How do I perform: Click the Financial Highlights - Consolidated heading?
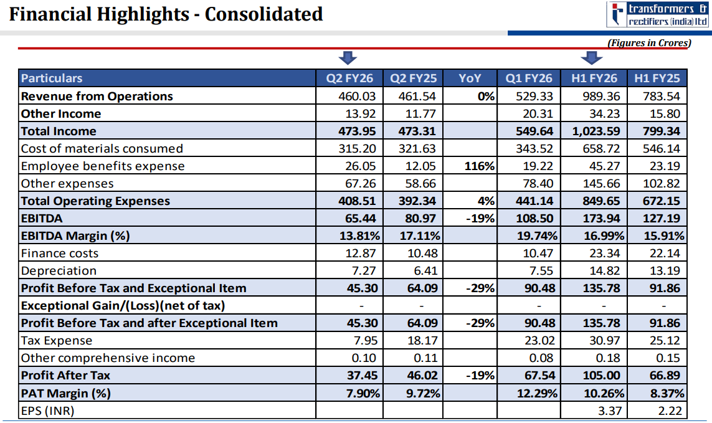click(x=166, y=14)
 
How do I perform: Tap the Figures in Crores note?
click(x=648, y=43)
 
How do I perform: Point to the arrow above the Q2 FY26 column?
click(x=347, y=58)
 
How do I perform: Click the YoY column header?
click(x=470, y=78)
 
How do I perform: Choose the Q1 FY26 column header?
click(x=529, y=78)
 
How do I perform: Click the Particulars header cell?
click(x=52, y=78)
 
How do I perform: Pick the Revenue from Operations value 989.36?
click(x=599, y=96)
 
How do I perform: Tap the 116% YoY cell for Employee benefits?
click(x=480, y=166)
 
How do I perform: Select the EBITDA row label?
click(x=42, y=218)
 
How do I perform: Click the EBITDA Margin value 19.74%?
click(x=537, y=235)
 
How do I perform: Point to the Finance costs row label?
click(x=60, y=253)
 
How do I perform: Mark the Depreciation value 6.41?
click(x=424, y=270)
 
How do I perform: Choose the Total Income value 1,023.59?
click(x=594, y=131)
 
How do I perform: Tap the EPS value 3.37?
click(x=605, y=411)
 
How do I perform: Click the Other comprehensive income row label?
click(x=108, y=358)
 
